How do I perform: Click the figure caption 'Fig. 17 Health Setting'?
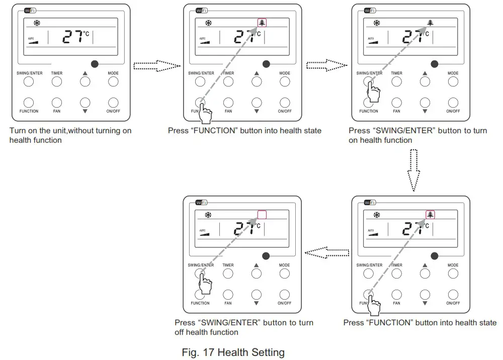point(233,352)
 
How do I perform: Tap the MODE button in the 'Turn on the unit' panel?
point(113,81)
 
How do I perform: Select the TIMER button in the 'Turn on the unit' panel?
point(57,81)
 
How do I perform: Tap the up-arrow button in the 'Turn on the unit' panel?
point(85,81)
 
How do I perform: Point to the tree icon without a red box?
point(430,23)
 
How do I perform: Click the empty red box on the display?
point(262,215)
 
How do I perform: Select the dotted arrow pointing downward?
point(413,172)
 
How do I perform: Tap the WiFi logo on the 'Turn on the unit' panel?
point(30,11)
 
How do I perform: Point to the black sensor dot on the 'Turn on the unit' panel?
point(95,64)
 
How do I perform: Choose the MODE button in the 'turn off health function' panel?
point(285,274)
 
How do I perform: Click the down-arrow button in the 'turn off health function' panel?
point(257,295)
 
